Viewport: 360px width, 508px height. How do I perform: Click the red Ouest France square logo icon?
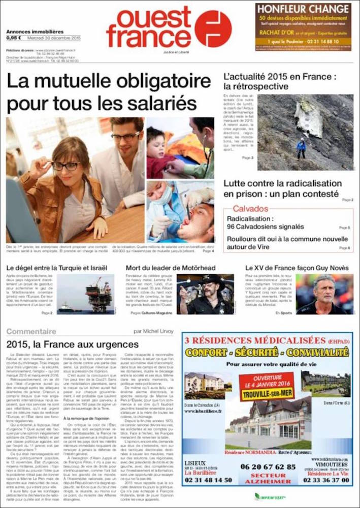point(213,28)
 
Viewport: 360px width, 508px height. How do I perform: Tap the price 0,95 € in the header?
point(14,38)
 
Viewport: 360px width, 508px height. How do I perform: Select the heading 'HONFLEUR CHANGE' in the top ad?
point(303,10)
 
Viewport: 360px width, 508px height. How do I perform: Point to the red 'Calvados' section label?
point(250,209)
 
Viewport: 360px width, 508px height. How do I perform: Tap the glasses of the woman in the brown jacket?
point(66,166)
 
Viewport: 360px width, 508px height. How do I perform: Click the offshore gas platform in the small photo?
point(99,295)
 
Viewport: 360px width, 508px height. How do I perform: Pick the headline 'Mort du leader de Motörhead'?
point(171,268)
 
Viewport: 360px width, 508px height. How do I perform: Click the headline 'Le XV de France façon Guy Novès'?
point(297,268)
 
